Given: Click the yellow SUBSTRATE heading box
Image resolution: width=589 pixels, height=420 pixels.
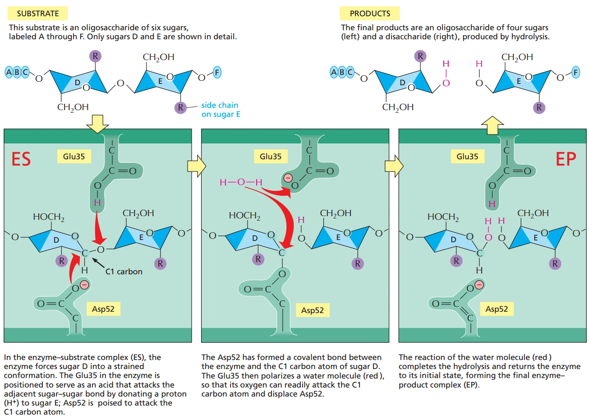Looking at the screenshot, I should [x=38, y=14].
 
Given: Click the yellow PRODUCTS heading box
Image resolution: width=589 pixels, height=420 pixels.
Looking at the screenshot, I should [x=370, y=14].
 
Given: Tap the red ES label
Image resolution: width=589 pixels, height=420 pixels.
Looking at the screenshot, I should [x=21, y=159].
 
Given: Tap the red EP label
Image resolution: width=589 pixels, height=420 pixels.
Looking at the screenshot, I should [x=566, y=159].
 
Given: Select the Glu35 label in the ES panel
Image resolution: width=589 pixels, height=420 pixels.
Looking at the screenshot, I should [x=74, y=157].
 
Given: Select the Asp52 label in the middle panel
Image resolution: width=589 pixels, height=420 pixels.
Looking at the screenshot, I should [x=313, y=310].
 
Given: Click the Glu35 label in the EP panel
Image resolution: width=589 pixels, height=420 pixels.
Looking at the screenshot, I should [x=467, y=157].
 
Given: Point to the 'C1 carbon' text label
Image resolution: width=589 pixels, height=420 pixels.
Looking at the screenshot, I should [x=124, y=272].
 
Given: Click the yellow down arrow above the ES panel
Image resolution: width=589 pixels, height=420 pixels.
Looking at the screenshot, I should [x=97, y=123].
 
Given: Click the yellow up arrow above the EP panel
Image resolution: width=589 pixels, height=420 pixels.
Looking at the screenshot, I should [x=492, y=125].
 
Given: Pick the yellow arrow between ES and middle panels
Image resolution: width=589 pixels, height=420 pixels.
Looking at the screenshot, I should [x=196, y=166].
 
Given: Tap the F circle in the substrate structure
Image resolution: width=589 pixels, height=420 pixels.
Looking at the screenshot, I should [x=217, y=72].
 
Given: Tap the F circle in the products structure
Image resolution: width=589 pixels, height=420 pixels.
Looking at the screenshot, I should [x=575, y=72].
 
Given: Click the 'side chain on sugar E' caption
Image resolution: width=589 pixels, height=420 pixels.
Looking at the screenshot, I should [x=221, y=110].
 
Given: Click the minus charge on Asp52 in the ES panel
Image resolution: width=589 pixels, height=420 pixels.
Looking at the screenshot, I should [x=84, y=285].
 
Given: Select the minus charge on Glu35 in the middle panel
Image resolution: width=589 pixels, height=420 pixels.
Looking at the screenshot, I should [x=288, y=178].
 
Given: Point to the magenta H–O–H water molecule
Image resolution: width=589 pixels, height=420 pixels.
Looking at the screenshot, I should [x=241, y=182].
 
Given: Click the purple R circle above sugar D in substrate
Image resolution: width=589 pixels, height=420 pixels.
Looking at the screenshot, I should [x=95, y=56].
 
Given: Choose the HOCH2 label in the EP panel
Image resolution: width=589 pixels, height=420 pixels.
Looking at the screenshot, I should [x=443, y=217].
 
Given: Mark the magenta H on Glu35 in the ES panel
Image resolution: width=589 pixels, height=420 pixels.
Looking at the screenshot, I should [x=97, y=203].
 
